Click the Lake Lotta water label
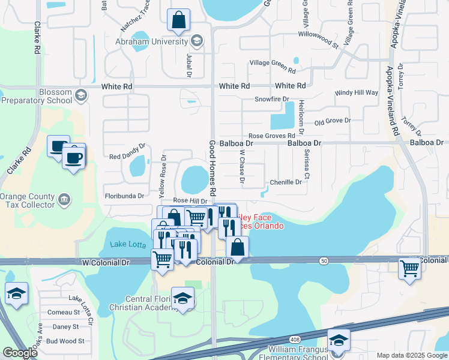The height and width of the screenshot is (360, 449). tap(127, 244)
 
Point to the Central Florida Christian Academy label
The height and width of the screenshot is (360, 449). tap(146, 303)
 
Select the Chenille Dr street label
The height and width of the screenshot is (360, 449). tap(285, 182)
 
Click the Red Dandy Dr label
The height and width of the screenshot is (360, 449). tap(127, 152)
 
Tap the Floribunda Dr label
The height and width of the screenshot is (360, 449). tap(125, 196)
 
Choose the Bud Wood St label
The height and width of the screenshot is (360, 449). tap(63, 341)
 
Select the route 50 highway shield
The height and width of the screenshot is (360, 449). tap(325, 260)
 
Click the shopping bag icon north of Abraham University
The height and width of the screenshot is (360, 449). tap(179, 21)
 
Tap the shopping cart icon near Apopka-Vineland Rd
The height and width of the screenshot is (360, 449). tap(410, 268)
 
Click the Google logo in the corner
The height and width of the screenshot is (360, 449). tap(20, 353)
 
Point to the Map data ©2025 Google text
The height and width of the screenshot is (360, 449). tap(411, 355)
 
